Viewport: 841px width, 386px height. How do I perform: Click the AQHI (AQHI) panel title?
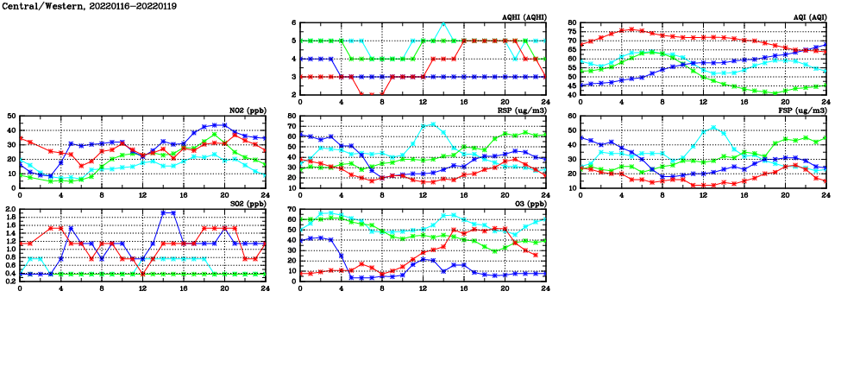524,16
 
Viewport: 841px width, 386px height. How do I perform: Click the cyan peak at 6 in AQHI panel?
443,23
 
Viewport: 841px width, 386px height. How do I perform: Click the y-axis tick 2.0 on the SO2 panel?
10,209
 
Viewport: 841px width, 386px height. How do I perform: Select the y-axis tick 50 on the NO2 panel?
10,116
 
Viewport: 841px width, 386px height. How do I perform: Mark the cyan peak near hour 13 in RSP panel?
433,123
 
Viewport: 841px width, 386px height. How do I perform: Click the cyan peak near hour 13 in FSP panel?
713,128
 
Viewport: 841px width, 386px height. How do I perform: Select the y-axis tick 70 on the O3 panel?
292,209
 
